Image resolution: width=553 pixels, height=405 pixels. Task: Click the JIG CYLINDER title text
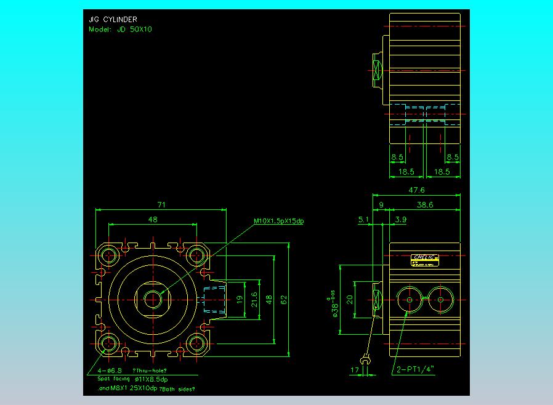click(x=113, y=20)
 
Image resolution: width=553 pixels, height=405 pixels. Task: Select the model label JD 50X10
click(x=120, y=29)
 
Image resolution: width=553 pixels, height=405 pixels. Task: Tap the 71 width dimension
click(x=162, y=204)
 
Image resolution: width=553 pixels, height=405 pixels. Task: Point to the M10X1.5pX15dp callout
click(x=279, y=221)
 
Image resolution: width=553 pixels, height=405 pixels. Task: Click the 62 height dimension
click(x=284, y=300)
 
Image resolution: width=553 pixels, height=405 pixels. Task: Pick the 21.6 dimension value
click(x=254, y=300)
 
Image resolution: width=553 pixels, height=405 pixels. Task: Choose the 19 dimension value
click(x=239, y=300)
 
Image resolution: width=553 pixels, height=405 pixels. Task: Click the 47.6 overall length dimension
click(x=416, y=190)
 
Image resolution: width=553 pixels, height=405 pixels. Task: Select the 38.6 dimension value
click(x=424, y=204)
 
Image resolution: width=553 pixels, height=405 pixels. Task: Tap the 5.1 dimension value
click(x=364, y=219)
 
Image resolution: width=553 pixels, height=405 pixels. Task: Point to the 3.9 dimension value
click(x=400, y=219)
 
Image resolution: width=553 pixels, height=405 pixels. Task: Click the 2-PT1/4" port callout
click(x=415, y=369)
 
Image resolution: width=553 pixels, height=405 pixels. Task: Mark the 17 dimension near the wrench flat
click(x=354, y=370)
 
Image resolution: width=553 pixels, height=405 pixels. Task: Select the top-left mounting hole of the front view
click(x=110, y=255)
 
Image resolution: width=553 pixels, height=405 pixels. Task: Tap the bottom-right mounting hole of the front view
click(x=196, y=343)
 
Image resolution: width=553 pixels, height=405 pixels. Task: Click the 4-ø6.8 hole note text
click(x=110, y=371)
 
